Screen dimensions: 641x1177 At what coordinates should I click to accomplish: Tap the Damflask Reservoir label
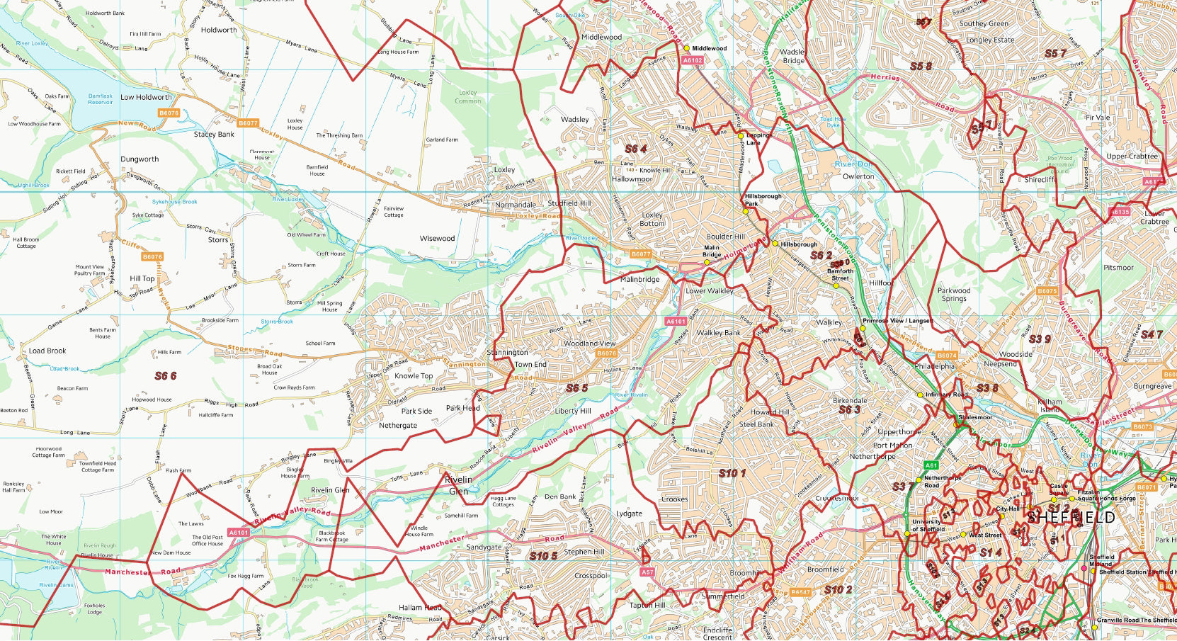pos(100,99)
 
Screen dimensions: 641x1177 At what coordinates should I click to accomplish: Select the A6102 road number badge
pos(692,61)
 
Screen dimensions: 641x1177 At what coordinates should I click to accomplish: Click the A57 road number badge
pos(647,572)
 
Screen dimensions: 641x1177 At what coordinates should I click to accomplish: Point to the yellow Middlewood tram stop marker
pos(686,48)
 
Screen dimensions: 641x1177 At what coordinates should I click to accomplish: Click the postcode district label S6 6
pos(166,376)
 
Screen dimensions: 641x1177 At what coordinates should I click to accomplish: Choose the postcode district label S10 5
pos(543,556)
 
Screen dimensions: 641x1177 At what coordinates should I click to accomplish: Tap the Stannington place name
pos(508,352)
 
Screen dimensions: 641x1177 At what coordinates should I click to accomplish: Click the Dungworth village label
pos(140,159)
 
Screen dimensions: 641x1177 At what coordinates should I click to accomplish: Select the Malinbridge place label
pos(639,279)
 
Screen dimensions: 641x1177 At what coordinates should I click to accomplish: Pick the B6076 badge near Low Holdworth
pos(169,113)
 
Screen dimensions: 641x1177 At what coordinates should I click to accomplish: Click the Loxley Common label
pos(467,97)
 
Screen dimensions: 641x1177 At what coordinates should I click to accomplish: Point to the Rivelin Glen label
pos(330,490)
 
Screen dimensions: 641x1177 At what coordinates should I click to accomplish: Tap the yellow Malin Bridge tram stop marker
pos(706,263)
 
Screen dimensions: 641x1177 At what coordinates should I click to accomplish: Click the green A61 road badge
pos(931,465)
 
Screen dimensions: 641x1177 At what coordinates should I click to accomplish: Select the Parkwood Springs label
pos(954,295)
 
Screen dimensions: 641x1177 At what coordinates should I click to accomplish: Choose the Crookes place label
pos(674,499)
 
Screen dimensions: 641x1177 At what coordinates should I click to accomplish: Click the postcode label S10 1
pos(732,473)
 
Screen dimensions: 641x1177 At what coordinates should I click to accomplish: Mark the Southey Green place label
pos(984,23)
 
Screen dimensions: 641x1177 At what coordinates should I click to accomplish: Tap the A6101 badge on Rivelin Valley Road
pos(238,533)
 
